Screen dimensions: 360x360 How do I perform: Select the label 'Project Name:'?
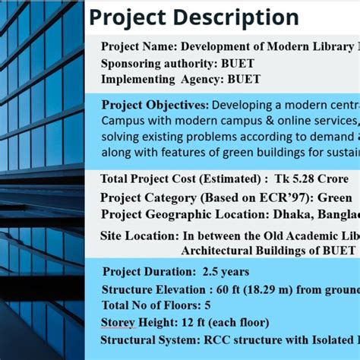tap(138, 46)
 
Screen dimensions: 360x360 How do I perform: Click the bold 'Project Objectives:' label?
tap(155, 105)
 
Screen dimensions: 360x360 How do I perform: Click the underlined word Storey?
tap(118, 323)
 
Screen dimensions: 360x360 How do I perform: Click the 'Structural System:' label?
tap(149, 340)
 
